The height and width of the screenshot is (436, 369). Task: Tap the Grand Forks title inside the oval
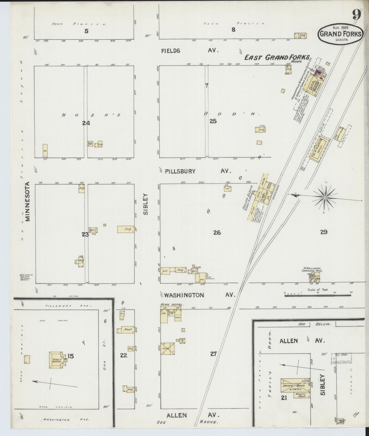(341, 34)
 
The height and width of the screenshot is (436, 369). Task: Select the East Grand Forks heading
(277, 58)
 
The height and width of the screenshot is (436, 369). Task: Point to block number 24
(86, 123)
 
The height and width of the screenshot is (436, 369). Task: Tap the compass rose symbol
(325, 198)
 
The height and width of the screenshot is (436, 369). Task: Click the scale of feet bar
(318, 295)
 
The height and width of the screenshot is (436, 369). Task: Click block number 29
(324, 232)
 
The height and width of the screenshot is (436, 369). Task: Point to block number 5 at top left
(87, 31)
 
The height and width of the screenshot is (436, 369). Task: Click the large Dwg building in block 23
(126, 229)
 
